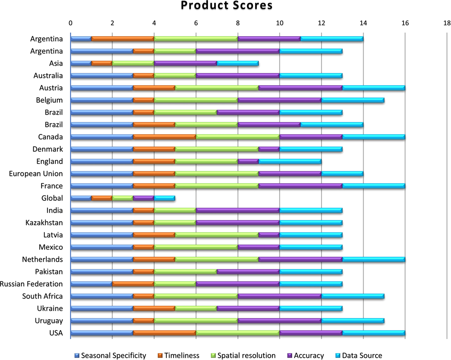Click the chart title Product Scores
227,6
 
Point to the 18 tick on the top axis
447,23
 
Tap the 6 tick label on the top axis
196,23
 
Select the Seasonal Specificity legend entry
110,355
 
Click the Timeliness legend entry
178,355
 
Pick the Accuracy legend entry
306,355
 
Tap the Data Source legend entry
359,355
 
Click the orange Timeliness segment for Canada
165,137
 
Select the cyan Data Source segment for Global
165,198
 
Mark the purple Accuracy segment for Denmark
269,149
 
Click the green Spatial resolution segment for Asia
133,63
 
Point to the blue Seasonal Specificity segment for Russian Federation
91,284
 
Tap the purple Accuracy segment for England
248,161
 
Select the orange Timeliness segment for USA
165,333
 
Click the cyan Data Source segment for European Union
342,174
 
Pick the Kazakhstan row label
44,223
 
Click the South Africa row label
42,296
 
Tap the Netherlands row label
42,260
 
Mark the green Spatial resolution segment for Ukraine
196,308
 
